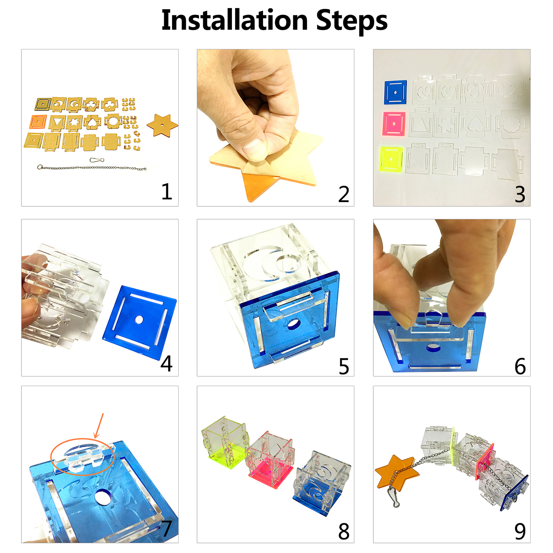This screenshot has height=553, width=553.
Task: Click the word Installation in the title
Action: pos(235,20)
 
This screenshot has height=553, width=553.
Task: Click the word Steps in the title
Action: pos(352,22)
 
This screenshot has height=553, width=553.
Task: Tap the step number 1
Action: pos(167,191)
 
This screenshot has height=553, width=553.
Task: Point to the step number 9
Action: pos(520,531)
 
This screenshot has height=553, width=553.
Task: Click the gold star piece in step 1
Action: pos(162,125)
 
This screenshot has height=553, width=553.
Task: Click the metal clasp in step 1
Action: pos(97,160)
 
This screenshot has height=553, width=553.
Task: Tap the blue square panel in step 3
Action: pos(395,92)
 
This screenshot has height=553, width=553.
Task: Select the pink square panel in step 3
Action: pos(394,123)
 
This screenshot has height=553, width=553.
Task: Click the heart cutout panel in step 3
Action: pos(477,123)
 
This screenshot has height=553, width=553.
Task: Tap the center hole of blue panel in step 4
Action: pos(139,320)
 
